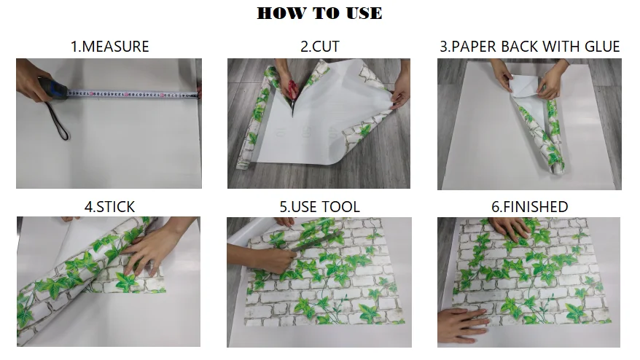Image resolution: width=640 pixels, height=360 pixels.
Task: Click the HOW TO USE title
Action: click(319, 13)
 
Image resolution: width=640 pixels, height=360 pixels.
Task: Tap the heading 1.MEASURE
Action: click(110, 47)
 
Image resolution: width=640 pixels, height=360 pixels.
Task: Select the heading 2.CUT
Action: click(320, 47)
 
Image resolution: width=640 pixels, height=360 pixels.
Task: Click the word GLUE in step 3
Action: click(602, 47)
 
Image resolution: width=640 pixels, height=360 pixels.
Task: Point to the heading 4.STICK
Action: click(109, 207)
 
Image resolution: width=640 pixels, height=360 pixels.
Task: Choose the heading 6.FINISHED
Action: click(529, 207)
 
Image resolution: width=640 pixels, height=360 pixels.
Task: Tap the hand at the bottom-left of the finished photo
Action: click(462, 324)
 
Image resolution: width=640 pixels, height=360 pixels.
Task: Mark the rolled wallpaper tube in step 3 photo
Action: click(539, 130)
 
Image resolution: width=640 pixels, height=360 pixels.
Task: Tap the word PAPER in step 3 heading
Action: click(475, 47)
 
